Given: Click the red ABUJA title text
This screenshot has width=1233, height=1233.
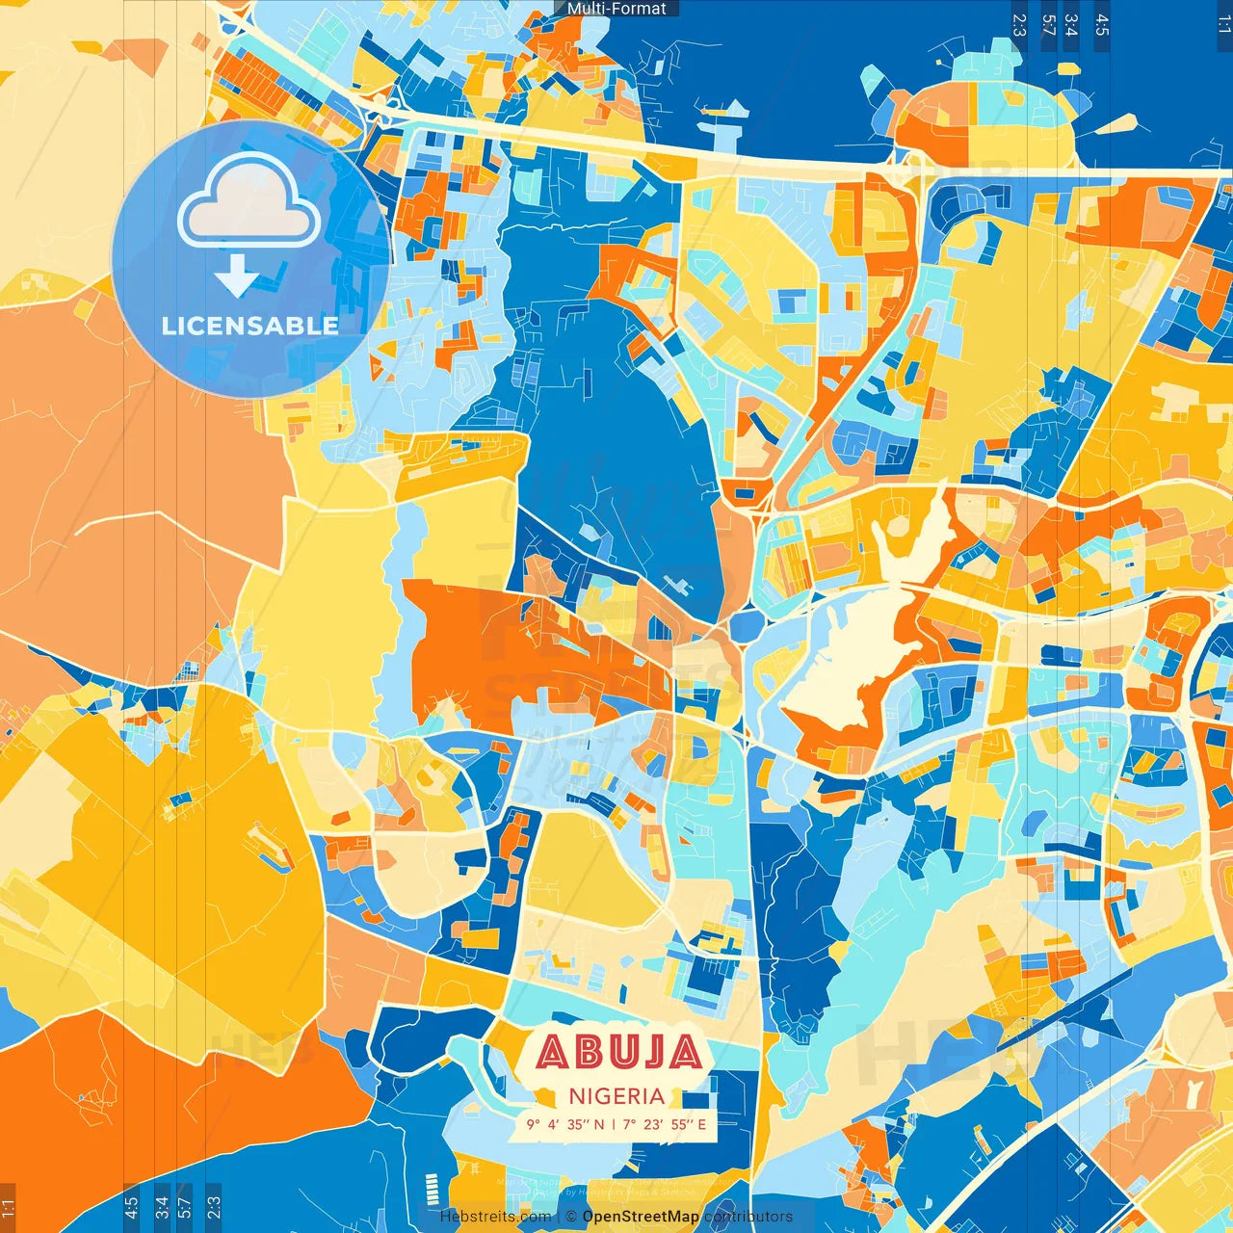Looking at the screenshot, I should pyautogui.click(x=618, y=1052).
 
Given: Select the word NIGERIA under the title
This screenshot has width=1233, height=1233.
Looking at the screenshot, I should pyautogui.click(x=616, y=1096).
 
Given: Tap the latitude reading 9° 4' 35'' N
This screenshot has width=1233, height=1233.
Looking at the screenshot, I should pyautogui.click(x=564, y=1124).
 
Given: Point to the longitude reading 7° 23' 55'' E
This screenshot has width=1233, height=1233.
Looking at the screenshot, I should pyautogui.click(x=665, y=1124).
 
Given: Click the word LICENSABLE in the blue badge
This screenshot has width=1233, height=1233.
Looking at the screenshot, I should pyautogui.click(x=250, y=326).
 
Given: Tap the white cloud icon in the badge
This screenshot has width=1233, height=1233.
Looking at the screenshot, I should pyautogui.click(x=249, y=202).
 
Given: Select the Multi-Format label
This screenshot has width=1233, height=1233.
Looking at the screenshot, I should pyautogui.click(x=616, y=9).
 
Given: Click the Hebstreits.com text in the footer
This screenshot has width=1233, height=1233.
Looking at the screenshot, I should pyautogui.click(x=495, y=1217).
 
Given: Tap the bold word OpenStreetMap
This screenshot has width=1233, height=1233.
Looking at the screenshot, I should pyautogui.click(x=641, y=1217).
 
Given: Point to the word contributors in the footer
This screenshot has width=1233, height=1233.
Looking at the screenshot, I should pyautogui.click(x=748, y=1217).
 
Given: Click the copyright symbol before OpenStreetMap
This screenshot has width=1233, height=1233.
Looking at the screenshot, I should pyautogui.click(x=571, y=1217).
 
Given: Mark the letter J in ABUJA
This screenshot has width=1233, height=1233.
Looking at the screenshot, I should pyautogui.click(x=651, y=1052).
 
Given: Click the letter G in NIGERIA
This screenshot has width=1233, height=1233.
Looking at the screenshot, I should pyautogui.click(x=602, y=1096).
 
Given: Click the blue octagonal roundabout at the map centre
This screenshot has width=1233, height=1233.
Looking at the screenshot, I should pyautogui.click(x=746, y=625).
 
